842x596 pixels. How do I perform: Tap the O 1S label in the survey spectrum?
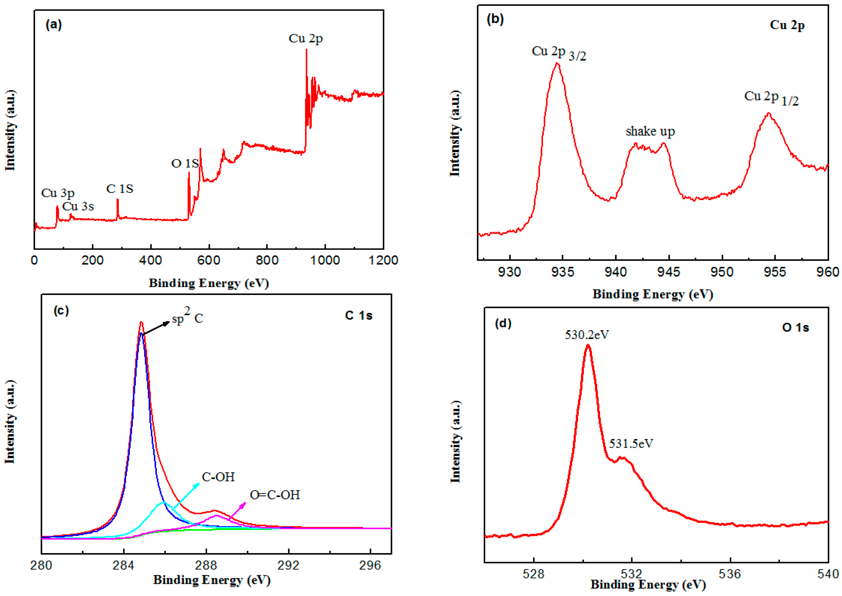[185, 163]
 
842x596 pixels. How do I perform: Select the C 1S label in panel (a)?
[120, 189]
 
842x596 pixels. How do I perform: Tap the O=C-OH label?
[275, 495]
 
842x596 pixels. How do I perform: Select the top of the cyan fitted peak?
[164, 502]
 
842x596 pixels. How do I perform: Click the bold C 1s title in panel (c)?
[358, 316]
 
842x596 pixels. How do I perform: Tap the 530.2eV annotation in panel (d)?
[587, 335]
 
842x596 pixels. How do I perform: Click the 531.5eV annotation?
[631, 444]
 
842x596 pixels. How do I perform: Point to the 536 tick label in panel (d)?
[730, 574]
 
